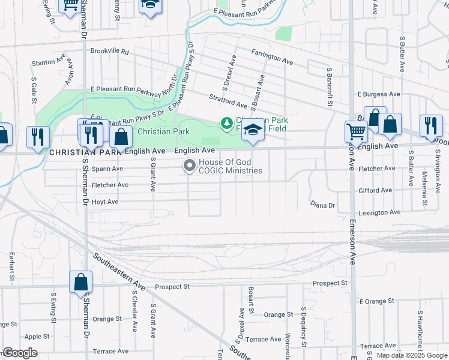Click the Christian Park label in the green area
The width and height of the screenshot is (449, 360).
[x=164, y=131]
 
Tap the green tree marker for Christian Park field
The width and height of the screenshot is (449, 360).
[x=227, y=124]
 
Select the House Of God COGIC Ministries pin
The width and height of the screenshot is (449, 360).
[x=190, y=166]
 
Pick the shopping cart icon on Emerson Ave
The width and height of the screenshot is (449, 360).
[x=356, y=131]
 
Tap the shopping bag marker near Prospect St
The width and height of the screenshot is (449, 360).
[x=80, y=281]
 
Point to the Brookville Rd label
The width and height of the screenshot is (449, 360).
[x=110, y=52]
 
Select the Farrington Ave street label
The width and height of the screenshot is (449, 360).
[x=272, y=57]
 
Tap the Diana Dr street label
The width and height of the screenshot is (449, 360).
[x=322, y=205]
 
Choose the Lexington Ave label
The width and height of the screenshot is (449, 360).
[x=379, y=213]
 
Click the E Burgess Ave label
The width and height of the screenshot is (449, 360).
[x=379, y=94]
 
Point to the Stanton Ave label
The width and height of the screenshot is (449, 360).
[x=48, y=61]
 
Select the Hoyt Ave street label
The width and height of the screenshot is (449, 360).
[x=105, y=202]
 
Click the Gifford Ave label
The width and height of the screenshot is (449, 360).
[x=375, y=190]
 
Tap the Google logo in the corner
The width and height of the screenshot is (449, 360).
[x=20, y=353]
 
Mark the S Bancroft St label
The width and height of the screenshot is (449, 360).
[x=329, y=88]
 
